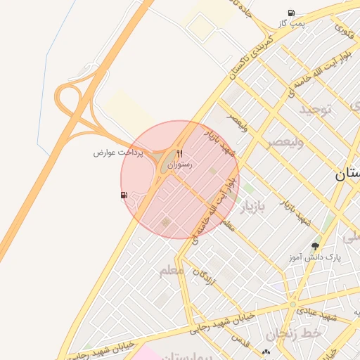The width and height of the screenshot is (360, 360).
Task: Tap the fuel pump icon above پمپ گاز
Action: tap(291, 13)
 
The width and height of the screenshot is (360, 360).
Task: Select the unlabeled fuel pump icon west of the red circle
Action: tap(124, 195)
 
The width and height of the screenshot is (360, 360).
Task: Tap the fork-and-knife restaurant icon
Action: tap(180, 154)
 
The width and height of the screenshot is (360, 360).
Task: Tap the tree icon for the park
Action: tap(315, 246)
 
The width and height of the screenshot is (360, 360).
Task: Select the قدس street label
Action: tap(241, 342)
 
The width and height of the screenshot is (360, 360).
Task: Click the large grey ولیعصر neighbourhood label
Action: tap(284, 142)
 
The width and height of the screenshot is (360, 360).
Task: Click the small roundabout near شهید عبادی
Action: tap(292, 304)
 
